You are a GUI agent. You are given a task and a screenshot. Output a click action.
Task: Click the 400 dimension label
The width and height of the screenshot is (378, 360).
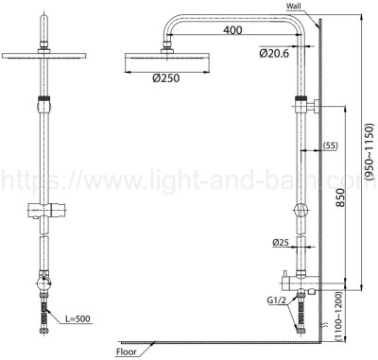[232, 30]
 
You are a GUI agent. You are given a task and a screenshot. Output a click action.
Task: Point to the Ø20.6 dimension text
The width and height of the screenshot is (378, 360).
[274, 54]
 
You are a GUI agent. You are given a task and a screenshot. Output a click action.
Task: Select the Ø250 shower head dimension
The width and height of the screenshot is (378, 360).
[166, 77]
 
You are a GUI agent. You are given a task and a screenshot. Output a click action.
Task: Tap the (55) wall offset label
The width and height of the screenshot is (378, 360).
[330, 146]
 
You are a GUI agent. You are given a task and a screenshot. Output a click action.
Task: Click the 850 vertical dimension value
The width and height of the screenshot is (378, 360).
[340, 197]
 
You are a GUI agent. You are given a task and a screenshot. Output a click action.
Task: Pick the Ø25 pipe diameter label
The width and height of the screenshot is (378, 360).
[281, 243]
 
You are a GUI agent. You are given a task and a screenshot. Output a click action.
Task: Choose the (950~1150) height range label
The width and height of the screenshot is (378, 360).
[369, 152]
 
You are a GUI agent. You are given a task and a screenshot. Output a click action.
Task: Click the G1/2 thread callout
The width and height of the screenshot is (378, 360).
[276, 300]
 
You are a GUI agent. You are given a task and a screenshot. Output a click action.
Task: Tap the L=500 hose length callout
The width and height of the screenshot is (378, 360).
[77, 318]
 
